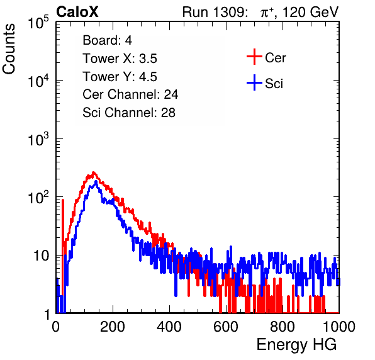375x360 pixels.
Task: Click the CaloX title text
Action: click(x=77, y=12)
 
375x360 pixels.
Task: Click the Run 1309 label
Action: click(x=215, y=12)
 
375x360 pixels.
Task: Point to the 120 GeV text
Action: click(x=311, y=12)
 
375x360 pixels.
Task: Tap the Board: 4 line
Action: click(x=107, y=40)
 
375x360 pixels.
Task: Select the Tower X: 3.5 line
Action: click(x=120, y=59)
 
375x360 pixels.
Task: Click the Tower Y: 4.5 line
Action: click(x=120, y=77)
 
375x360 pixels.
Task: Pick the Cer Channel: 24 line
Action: click(x=130, y=94)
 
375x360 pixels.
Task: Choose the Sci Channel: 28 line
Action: click(x=129, y=113)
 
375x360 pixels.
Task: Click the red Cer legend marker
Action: click(x=254, y=57)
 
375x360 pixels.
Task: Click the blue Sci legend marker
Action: click(x=254, y=83)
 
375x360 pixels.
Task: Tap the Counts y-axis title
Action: click(x=9, y=49)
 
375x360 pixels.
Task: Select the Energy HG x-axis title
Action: click(x=296, y=344)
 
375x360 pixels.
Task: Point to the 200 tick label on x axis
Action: click(x=113, y=327)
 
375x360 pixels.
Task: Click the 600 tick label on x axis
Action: click(x=226, y=327)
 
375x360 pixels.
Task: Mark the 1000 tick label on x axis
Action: click(x=339, y=327)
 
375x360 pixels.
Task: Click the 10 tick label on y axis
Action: click(x=42, y=256)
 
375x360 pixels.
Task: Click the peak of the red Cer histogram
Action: click(x=94, y=172)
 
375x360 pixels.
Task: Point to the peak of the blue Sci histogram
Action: click(x=96, y=181)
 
